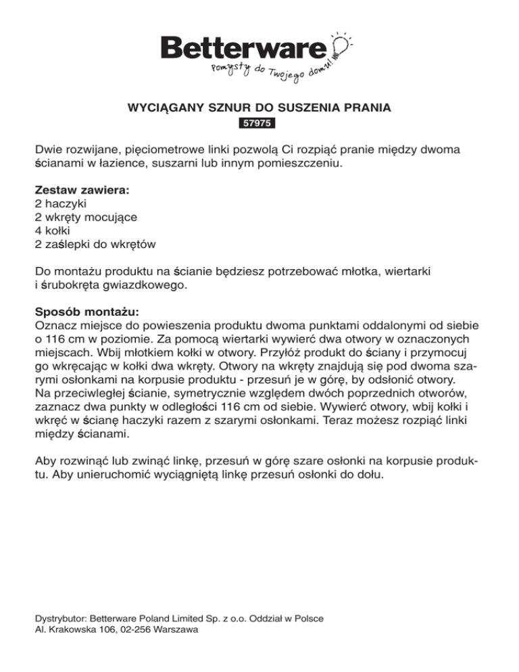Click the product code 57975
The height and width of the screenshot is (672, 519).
coord(259,124)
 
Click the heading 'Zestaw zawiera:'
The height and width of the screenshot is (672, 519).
coord(82,191)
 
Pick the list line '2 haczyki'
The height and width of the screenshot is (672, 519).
coord(63,203)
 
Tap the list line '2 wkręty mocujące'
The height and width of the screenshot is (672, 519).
coord(86,217)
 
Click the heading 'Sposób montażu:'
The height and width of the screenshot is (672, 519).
coord(86,313)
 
